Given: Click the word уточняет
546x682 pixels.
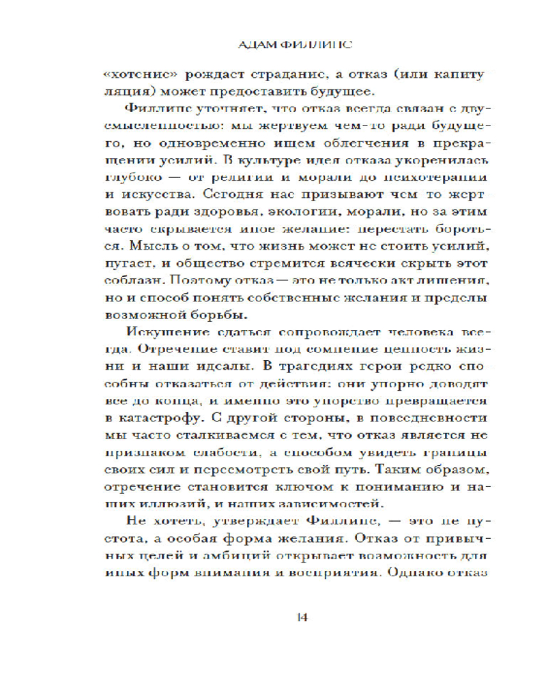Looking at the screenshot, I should (205, 110).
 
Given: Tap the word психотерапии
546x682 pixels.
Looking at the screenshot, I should (439, 177).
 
